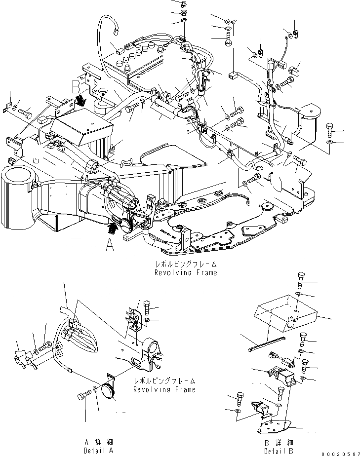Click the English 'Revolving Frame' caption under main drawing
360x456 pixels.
click(185, 272)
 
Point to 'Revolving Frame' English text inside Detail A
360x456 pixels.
click(164, 389)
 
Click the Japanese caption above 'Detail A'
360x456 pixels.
click(94, 443)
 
